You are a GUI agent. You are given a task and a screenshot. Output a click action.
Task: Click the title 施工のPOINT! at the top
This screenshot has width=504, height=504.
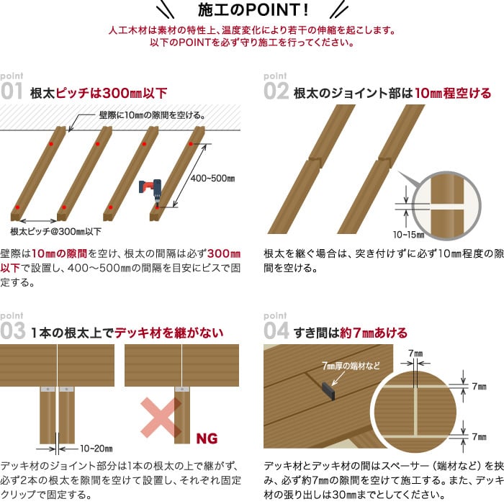253,9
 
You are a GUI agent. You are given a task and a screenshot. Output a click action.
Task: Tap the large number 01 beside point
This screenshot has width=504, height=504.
12,91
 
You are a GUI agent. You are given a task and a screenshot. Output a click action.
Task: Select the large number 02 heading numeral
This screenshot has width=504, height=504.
276,91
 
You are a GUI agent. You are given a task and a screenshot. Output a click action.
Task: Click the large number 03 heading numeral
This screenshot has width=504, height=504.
13,330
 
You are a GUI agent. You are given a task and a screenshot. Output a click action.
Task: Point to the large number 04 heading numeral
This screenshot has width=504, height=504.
276,330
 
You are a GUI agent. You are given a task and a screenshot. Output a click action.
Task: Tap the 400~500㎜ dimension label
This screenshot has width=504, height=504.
212,179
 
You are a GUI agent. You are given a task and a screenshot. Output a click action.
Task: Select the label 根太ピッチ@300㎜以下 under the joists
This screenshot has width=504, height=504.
56,231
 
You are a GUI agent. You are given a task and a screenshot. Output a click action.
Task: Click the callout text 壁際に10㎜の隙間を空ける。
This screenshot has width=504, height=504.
152,115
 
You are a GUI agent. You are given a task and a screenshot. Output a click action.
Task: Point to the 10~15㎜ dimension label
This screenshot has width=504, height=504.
408,235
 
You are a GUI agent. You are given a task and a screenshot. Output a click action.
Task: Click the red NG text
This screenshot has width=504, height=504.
207,438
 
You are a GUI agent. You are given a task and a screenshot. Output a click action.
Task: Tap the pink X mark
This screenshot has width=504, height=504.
161,417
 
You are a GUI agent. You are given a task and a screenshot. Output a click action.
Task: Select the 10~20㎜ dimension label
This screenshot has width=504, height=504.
96,449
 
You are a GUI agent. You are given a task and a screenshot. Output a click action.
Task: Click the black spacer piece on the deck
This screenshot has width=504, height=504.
328,391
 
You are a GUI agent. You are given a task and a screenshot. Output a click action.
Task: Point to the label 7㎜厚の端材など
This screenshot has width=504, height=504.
351,366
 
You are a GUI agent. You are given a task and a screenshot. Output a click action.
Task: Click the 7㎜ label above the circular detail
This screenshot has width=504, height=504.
415,354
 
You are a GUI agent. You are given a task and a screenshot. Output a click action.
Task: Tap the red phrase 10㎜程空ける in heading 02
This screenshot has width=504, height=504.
453,93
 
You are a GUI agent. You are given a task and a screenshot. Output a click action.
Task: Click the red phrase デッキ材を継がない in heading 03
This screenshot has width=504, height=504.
169,333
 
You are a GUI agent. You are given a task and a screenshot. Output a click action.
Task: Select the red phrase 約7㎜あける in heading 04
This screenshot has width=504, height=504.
374,333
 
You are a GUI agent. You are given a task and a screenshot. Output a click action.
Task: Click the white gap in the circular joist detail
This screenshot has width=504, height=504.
446,207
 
